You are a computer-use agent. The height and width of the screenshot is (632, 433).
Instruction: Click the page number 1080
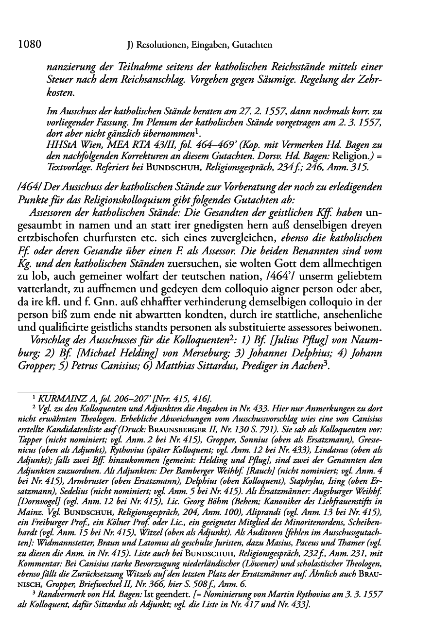[29, 45]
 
